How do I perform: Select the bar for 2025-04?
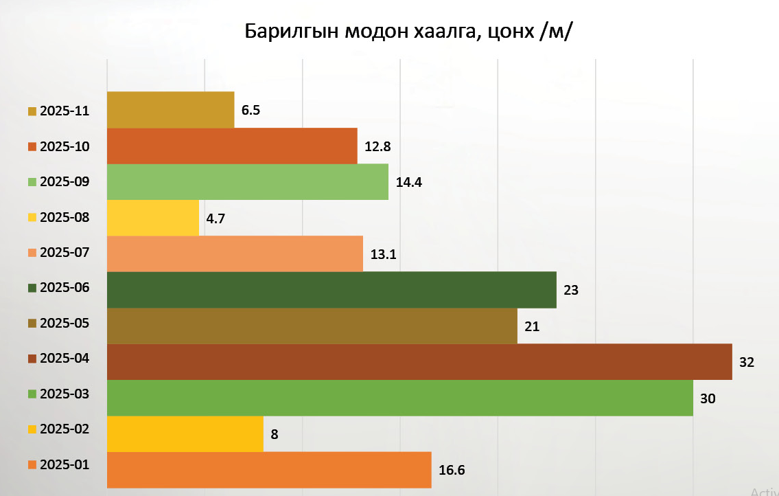click(419, 362)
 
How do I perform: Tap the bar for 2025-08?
click(153, 218)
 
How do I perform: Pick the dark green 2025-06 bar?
click(332, 290)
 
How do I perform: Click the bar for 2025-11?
click(170, 110)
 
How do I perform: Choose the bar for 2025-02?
click(185, 434)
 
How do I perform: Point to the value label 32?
click(747, 362)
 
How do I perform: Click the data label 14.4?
click(409, 183)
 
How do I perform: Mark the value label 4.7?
click(216, 218)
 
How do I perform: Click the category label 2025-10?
click(65, 146)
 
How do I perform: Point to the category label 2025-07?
click(65, 252)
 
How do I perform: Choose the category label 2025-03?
click(65, 394)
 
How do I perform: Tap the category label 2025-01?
click(65, 464)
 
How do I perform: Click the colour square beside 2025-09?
click(32, 182)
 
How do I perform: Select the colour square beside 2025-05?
click(32, 324)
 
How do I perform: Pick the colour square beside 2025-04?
click(32, 359)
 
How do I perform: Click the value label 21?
click(532, 326)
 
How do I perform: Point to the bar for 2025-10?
click(232, 146)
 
